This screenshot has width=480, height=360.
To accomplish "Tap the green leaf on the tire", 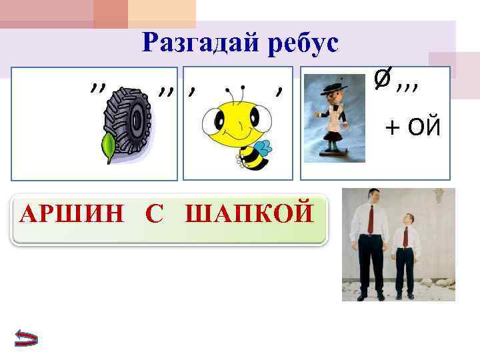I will tap(108, 148).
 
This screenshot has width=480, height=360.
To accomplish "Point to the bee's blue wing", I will tap(262, 148).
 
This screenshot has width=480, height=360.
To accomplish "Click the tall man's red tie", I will tap(371, 220).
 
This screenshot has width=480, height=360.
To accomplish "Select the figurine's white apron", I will tap(331, 123).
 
